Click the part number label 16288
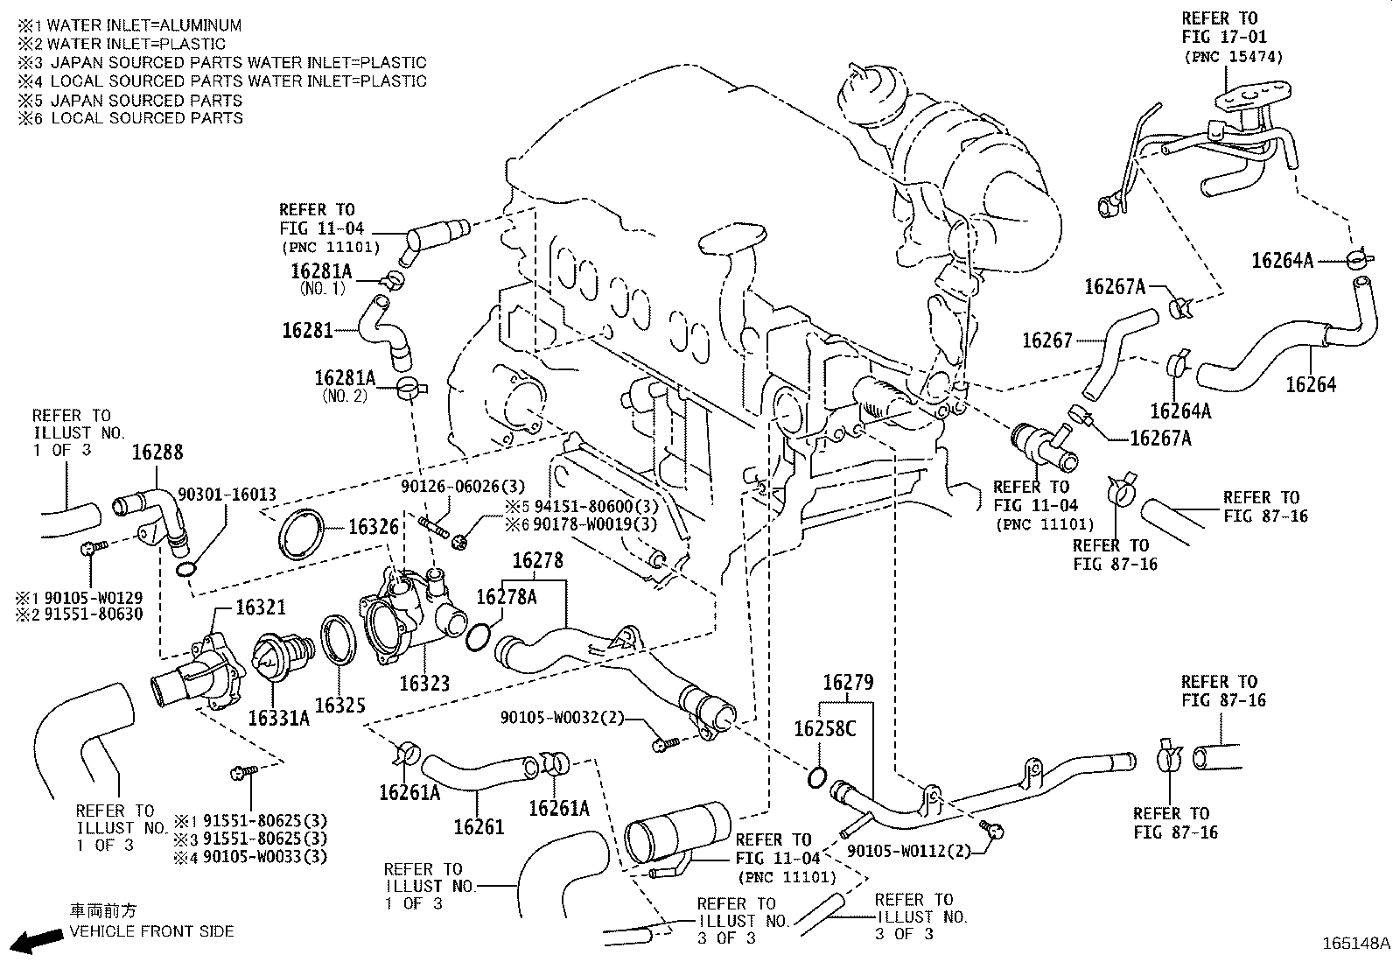tap(157, 453)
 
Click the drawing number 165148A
tap(1354, 944)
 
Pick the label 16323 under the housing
tap(424, 683)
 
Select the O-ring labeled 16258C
tap(816, 776)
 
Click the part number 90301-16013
tap(227, 495)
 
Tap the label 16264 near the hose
tap(1310, 384)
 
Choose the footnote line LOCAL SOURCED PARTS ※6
tap(131, 118)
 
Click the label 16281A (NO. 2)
tap(345, 378)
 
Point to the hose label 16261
tap(479, 825)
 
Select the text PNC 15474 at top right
tap(1233, 57)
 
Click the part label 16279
tap(847, 682)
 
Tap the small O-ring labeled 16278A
tap(478, 638)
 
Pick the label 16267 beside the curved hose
tap(1046, 340)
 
